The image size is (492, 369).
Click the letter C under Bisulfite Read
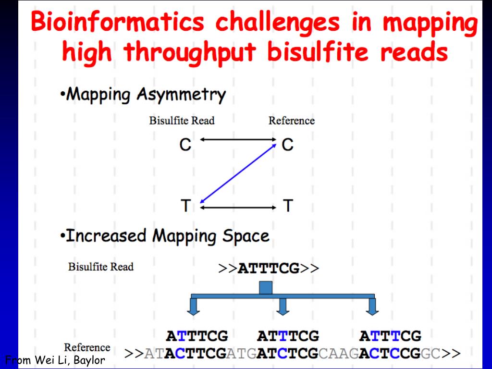pyautogui.click(x=185, y=144)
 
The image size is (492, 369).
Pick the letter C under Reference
pyautogui.click(x=287, y=144)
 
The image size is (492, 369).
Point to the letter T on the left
pyautogui.click(x=186, y=206)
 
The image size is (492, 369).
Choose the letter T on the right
pyautogui.click(x=287, y=206)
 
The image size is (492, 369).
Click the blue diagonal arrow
pyautogui.click(x=238, y=172)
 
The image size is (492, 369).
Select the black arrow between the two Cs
pyautogui.click(x=237, y=140)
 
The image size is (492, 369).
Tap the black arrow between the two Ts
pyautogui.click(x=237, y=208)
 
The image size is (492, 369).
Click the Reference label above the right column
pyautogui.click(x=291, y=121)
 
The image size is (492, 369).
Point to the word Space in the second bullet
pyautogui.click(x=246, y=236)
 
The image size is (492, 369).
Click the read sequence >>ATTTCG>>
pyautogui.click(x=269, y=268)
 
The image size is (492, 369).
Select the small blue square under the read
pyautogui.click(x=266, y=287)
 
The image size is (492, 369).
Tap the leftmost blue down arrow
pyautogui.click(x=193, y=306)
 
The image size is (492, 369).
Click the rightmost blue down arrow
pyautogui.click(x=372, y=306)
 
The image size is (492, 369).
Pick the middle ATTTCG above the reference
pyautogui.click(x=288, y=335)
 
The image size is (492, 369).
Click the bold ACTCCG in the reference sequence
pyautogui.click(x=390, y=354)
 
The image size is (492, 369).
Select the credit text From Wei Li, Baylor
pyautogui.click(x=55, y=359)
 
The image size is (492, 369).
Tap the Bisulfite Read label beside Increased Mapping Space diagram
pyautogui.click(x=101, y=267)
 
